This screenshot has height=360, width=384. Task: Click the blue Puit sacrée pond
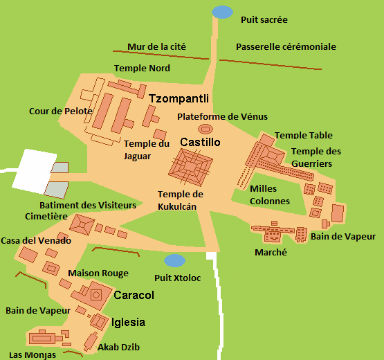click(x=222, y=12)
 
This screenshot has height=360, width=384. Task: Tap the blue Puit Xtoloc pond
click(x=174, y=260)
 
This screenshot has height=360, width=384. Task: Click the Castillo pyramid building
click(x=190, y=167)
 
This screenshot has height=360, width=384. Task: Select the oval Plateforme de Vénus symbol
click(x=205, y=129)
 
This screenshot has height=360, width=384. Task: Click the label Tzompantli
click(x=179, y=99)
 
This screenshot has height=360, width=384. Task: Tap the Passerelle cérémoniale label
click(x=286, y=47)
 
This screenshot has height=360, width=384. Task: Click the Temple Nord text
click(x=142, y=69)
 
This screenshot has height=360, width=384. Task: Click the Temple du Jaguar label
click(x=146, y=149)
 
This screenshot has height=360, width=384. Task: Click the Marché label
click(x=272, y=253)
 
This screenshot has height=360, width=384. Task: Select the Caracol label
click(x=134, y=295)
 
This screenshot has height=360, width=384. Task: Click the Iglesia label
click(x=128, y=322)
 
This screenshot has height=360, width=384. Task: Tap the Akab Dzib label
click(x=119, y=347)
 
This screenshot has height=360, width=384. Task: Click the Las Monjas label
click(x=33, y=354)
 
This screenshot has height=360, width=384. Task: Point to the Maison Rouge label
click(x=98, y=273)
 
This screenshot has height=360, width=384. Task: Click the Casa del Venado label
click(x=35, y=240)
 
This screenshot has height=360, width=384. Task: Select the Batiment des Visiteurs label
click(x=87, y=205)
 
